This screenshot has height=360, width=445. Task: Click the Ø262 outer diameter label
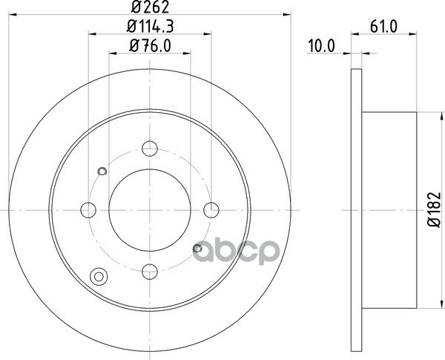click(150, 7)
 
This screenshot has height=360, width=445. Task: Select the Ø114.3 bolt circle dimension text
click(150, 27)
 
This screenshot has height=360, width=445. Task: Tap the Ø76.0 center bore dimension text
click(150, 45)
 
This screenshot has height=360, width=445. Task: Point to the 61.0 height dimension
click(383, 27)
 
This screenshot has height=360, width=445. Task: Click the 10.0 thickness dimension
click(322, 46)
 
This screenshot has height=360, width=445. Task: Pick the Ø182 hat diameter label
click(434, 209)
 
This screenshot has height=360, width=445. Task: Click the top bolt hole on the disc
click(150, 148)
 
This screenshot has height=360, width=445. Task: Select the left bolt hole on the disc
click(88, 210)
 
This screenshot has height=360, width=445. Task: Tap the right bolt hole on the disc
click(211, 210)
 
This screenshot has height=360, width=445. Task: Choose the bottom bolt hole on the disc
click(150, 272)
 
